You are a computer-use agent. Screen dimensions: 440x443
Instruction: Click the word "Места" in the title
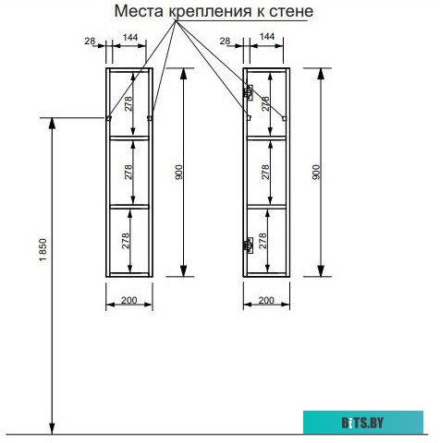pyautogui.click(x=140, y=11)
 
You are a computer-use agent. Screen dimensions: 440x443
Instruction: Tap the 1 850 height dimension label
pyautogui.click(x=43, y=250)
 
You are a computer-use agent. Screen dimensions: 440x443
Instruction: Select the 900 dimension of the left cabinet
pyautogui.click(x=178, y=173)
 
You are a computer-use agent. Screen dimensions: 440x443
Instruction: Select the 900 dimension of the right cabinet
pyautogui.click(x=316, y=173)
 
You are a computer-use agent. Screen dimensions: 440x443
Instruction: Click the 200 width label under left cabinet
pyautogui.click(x=129, y=300)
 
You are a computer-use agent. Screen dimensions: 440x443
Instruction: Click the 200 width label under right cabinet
pyautogui.click(x=266, y=300)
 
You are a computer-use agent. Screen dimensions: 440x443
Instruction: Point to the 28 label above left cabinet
pyautogui.click(x=90, y=41)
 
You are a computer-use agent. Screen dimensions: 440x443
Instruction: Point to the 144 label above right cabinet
pyautogui.click(x=267, y=36)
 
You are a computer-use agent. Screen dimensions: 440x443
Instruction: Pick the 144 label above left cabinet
pyautogui.click(x=130, y=37)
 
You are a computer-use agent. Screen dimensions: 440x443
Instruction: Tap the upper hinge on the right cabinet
pyautogui.click(x=249, y=92)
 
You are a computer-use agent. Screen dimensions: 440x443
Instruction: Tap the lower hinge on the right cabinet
pyautogui.click(x=249, y=245)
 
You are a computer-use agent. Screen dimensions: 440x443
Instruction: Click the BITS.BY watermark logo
pyautogui.click(x=362, y=423)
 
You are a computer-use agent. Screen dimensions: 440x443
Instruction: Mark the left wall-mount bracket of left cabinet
pyautogui.click(x=108, y=118)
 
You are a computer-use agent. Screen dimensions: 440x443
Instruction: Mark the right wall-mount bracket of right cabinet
pyautogui.click(x=285, y=118)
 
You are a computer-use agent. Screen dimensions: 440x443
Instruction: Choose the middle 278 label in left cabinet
pyautogui.click(x=128, y=173)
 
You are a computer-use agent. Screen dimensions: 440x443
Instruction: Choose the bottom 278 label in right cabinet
pyautogui.click(x=263, y=241)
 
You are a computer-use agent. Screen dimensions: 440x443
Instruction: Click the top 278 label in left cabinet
pyautogui.click(x=128, y=103)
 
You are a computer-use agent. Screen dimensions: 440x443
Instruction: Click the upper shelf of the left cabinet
pyautogui.click(x=129, y=138)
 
